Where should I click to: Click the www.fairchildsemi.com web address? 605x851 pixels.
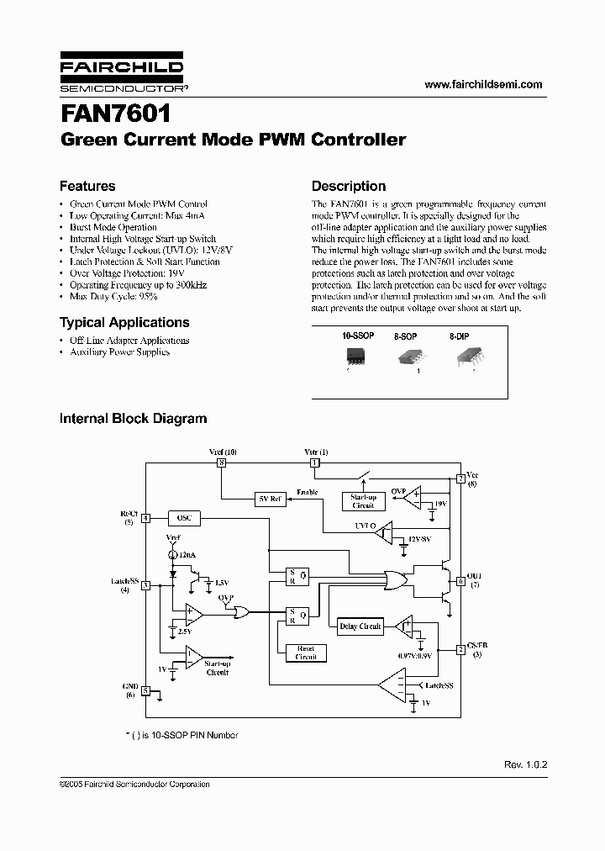click(483, 84)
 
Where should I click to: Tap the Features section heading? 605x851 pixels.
click(87, 186)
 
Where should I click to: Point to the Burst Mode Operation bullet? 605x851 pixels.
click(113, 227)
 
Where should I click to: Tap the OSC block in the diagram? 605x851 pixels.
click(184, 518)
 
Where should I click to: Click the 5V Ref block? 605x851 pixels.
click(269, 499)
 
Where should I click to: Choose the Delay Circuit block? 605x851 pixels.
click(360, 626)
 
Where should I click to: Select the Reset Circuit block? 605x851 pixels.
click(306, 653)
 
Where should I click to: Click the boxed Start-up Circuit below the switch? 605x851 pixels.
click(363, 501)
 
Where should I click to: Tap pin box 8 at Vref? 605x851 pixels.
click(221, 462)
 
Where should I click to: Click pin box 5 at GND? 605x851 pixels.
click(145, 690)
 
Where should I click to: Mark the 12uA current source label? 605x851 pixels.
click(187, 556)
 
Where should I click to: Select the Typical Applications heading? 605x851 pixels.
click(124, 322)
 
